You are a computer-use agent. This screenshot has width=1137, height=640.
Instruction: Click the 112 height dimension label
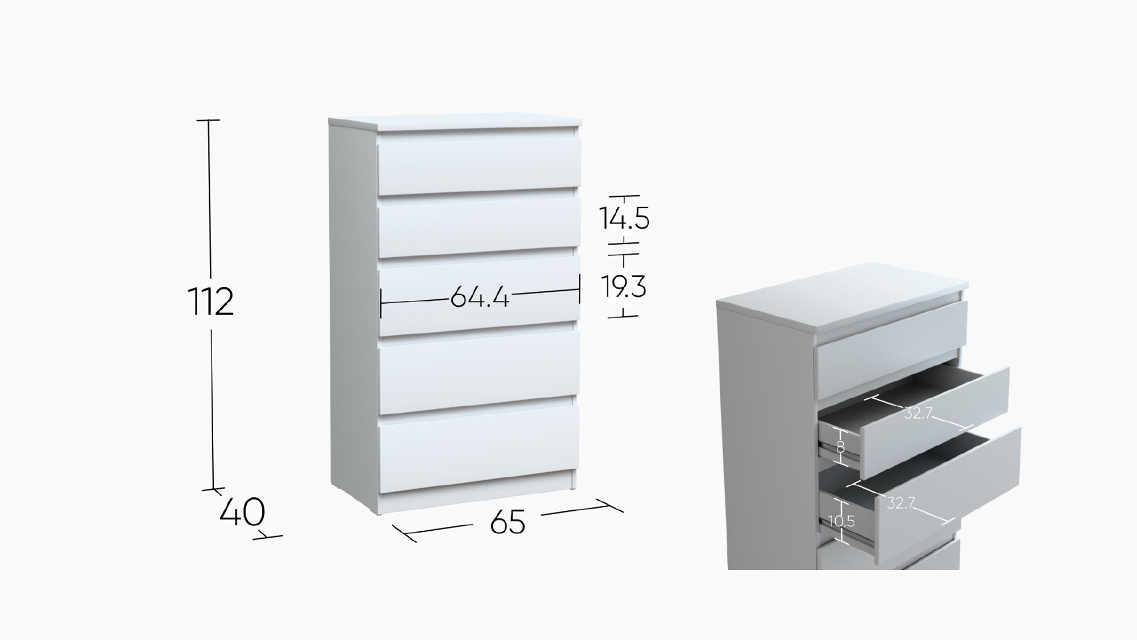click(210, 302)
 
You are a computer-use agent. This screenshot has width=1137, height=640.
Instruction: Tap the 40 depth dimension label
click(242, 512)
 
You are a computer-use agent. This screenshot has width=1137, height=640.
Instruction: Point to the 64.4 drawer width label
click(479, 297)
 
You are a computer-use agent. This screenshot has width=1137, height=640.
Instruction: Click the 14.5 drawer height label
click(624, 218)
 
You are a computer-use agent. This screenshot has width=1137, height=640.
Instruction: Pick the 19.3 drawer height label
click(624, 287)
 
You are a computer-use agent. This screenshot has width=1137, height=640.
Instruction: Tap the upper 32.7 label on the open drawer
click(918, 413)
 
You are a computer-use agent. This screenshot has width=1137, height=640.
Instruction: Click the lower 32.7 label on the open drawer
click(901, 503)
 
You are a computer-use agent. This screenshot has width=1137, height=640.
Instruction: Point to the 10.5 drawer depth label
click(841, 521)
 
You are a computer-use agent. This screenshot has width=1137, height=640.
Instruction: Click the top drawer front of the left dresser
click(479, 166)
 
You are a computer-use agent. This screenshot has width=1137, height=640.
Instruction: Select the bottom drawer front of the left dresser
click(479, 448)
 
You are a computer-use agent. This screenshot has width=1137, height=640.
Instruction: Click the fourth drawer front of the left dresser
click(479, 371)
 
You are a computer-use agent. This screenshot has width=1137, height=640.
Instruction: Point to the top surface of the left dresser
click(455, 125)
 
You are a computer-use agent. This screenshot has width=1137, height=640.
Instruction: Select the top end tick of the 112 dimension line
click(208, 121)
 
